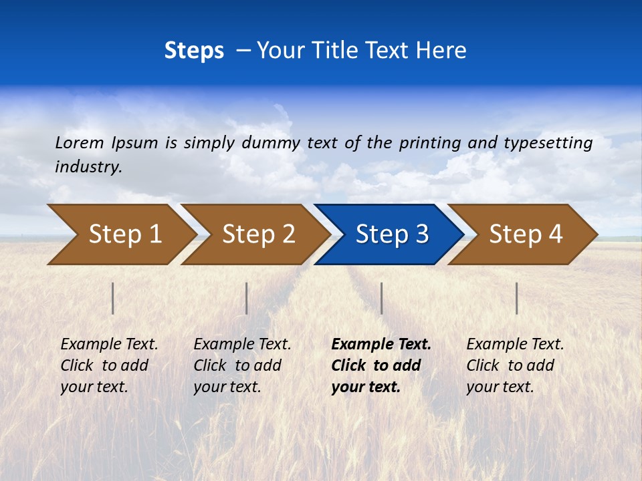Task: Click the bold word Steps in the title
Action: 194,51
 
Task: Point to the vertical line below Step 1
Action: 113,298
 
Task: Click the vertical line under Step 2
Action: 247,298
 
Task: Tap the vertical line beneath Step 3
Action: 381,298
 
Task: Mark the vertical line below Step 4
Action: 516,298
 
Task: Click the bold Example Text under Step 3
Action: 381,365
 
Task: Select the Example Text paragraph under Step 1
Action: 109,365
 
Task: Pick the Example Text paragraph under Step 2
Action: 242,365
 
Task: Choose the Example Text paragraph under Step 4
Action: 515,365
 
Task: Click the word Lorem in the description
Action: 80,143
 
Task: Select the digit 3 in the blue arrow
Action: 421,234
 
